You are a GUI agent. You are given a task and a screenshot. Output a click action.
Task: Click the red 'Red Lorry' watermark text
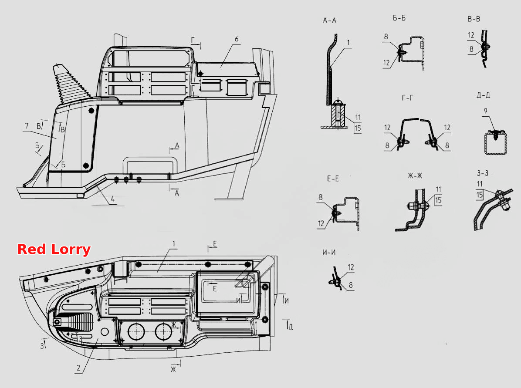54,250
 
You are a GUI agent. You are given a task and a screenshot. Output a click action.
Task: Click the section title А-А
329,20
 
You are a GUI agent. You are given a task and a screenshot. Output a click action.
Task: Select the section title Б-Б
399,18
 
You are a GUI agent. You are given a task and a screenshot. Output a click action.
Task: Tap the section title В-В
474,19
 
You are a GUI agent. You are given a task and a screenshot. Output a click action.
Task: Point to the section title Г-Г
407,98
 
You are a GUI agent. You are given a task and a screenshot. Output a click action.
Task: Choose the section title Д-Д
483,95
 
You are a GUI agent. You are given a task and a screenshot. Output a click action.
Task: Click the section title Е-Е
333,179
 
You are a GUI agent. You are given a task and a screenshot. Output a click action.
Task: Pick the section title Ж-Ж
415,176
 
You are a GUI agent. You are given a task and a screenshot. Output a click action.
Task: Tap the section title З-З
483,173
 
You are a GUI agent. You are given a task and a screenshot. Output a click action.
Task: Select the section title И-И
329,253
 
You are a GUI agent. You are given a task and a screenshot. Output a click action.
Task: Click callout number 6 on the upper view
237,39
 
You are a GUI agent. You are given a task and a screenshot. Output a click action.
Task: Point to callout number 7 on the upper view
27,126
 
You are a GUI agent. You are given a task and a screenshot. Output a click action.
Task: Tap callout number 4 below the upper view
113,199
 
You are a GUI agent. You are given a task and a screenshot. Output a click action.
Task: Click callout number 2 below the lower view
78,368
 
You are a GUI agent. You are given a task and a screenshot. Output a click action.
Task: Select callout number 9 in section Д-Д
485,111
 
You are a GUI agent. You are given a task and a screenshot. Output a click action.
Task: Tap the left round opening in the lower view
136,331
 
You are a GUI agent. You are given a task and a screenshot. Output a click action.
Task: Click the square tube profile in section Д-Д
495,144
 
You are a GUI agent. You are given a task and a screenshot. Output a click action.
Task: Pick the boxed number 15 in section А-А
358,128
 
